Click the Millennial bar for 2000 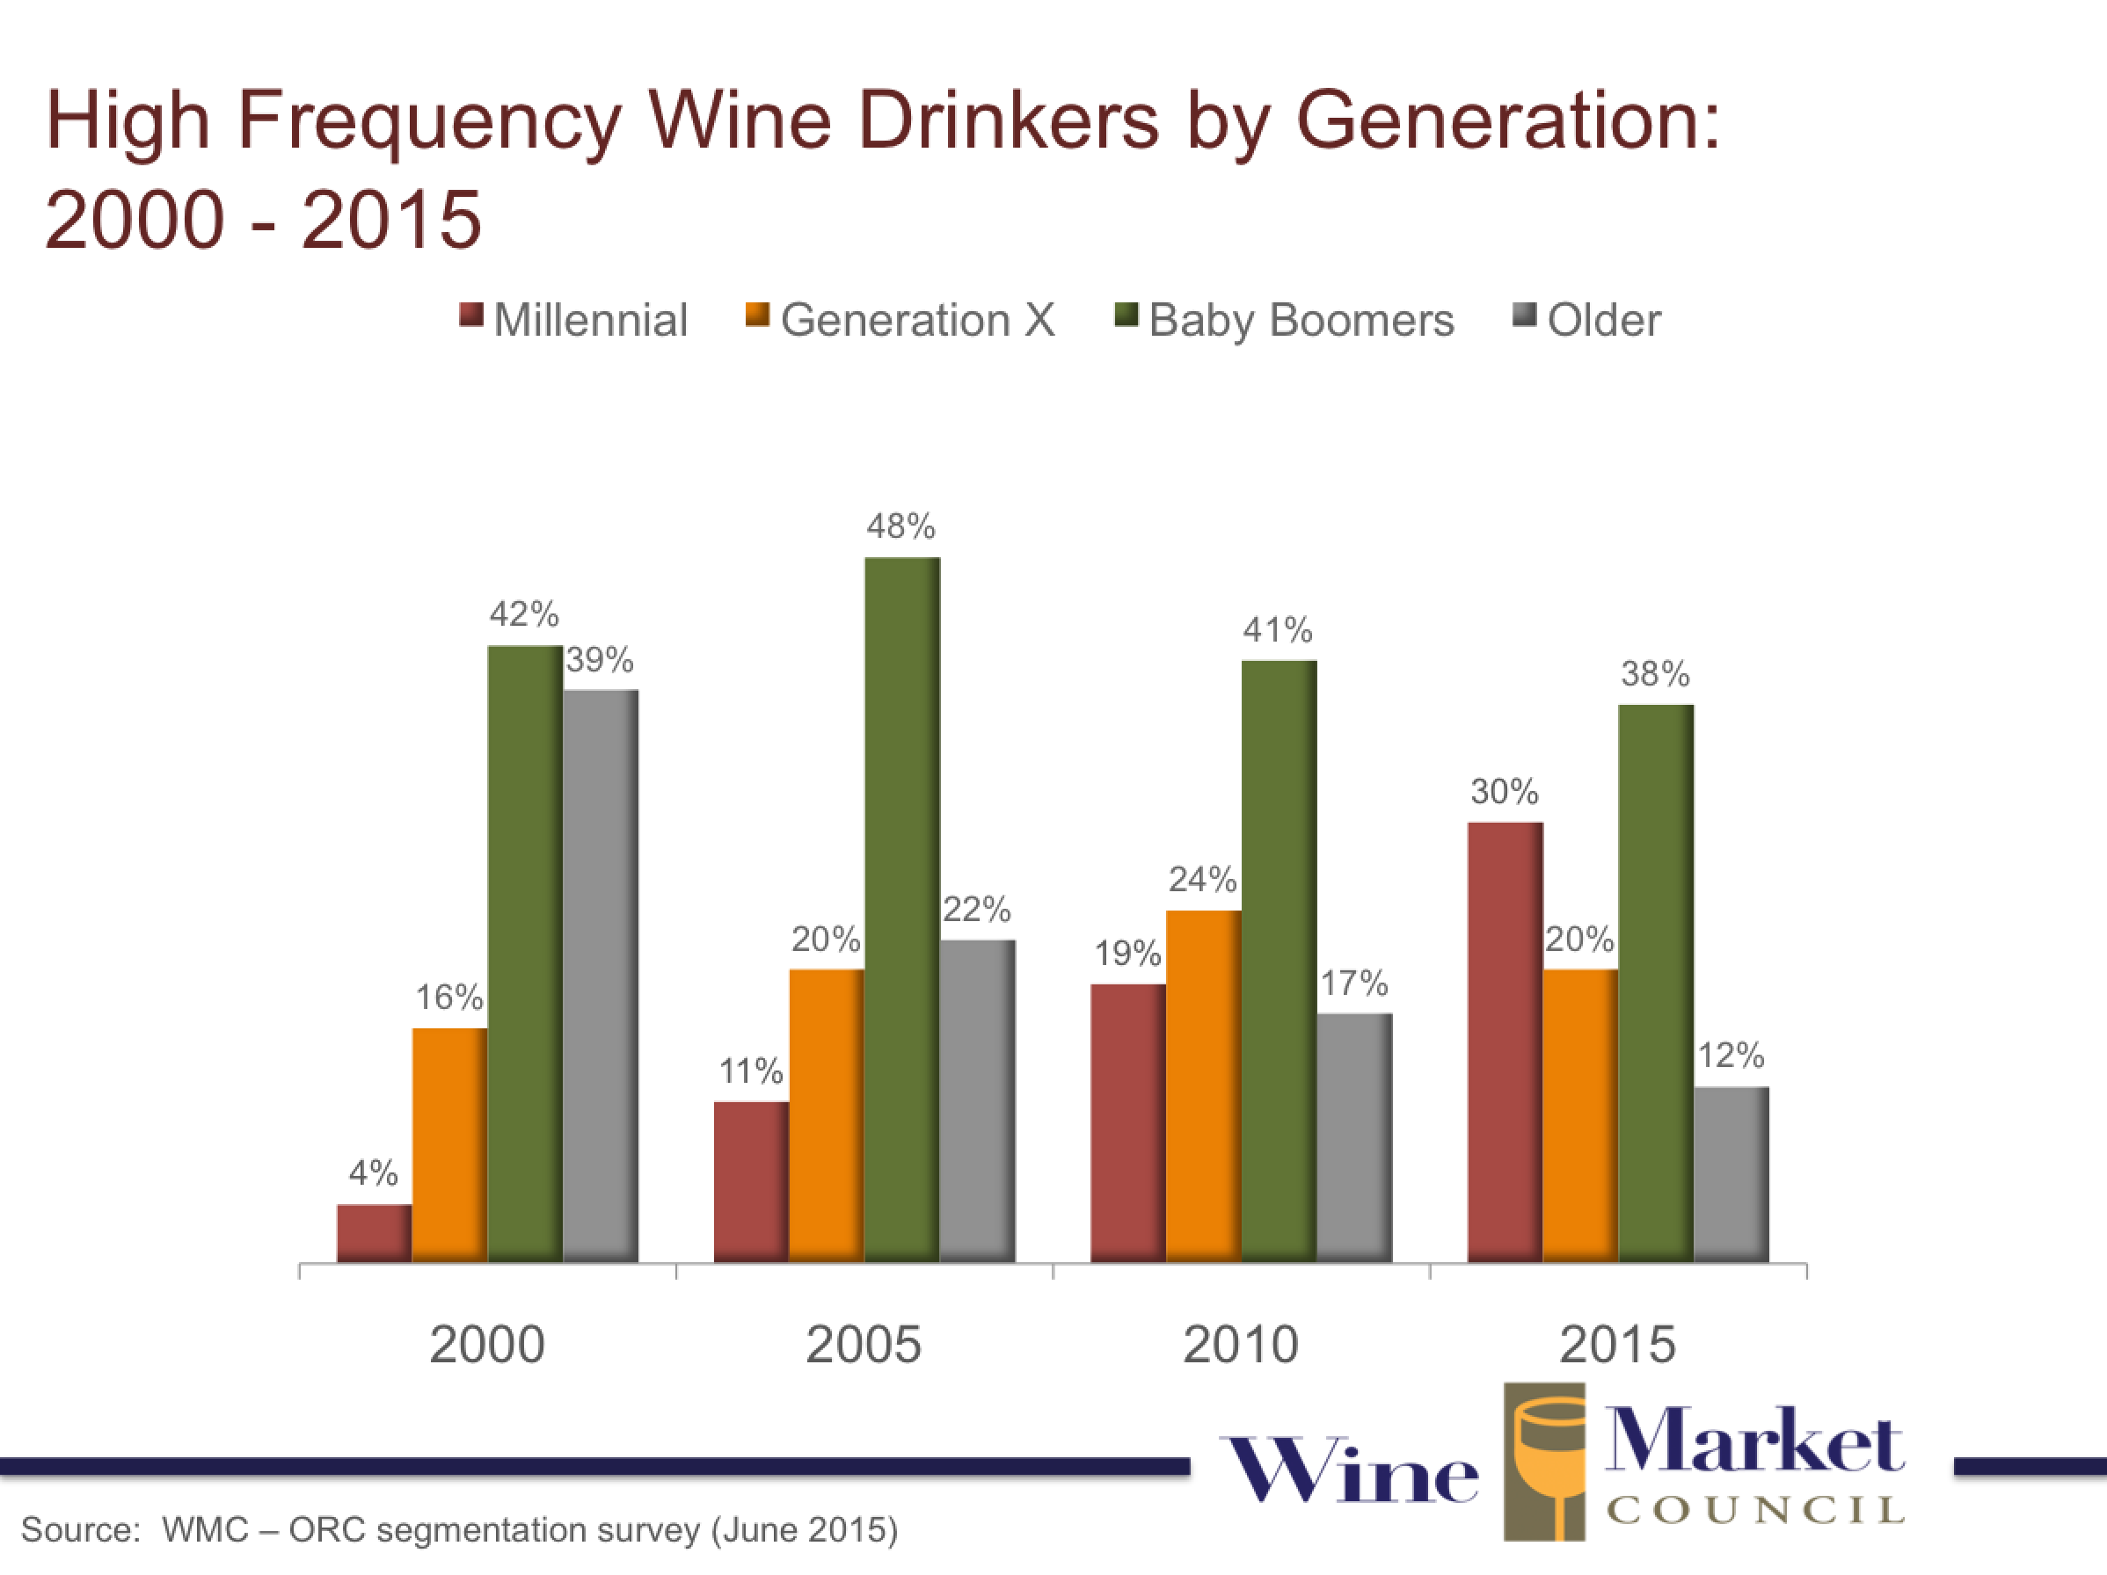click(x=375, y=1233)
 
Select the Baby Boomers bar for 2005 click(x=902, y=910)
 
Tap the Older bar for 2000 click(x=600, y=976)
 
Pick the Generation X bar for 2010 click(x=1203, y=1085)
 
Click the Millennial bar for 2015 click(x=1505, y=1042)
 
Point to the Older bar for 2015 click(x=1731, y=1174)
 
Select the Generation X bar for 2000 click(x=449, y=1144)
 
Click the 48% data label click(x=900, y=526)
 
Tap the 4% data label click(x=374, y=1172)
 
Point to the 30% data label click(x=1504, y=791)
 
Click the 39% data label click(x=600, y=659)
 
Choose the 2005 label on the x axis click(x=863, y=1345)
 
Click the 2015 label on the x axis click(x=1617, y=1345)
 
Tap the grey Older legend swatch click(x=1524, y=316)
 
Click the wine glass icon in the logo click(x=1545, y=1462)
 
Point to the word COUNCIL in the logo click(x=1755, y=1509)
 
